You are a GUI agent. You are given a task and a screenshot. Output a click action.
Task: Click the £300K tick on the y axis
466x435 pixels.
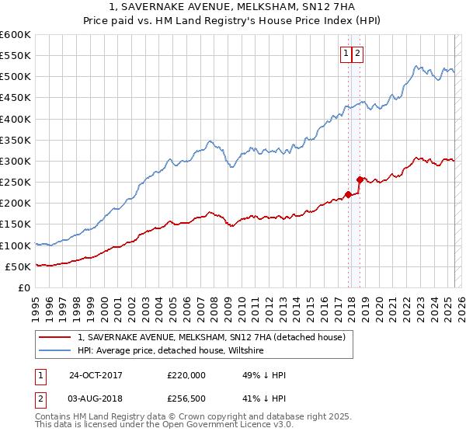point(15,161)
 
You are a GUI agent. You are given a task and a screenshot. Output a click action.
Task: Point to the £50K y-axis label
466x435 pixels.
point(17,266)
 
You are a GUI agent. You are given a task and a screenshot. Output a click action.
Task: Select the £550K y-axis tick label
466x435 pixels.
point(15,56)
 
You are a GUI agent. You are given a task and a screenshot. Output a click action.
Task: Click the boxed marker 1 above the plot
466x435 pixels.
point(345,54)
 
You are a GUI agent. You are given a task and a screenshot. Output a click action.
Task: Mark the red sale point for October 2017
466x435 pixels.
point(348,195)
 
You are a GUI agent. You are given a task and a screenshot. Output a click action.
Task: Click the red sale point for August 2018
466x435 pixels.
point(359,179)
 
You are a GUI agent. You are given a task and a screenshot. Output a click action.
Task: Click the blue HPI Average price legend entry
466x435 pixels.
point(171,351)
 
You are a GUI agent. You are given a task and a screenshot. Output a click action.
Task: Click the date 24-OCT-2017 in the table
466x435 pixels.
point(96,375)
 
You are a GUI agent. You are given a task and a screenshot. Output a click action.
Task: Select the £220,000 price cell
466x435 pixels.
point(186,375)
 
